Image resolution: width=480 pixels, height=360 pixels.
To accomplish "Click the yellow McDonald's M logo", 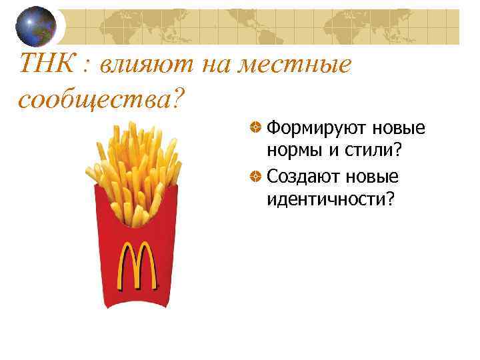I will [138, 267].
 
